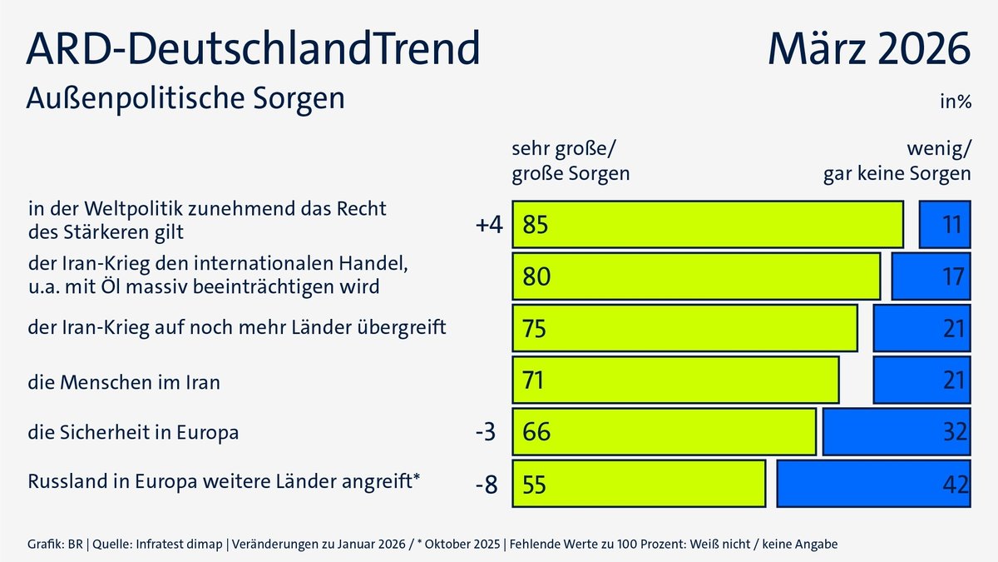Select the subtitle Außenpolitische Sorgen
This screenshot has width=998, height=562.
point(185,98)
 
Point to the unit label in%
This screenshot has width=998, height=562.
point(956,102)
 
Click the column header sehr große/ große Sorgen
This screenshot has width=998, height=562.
point(570,162)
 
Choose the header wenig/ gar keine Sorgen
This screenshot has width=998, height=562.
point(897,162)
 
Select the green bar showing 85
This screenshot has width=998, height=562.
point(708,225)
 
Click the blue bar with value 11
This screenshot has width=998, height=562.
point(945,225)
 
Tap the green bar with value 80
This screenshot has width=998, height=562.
point(696,276)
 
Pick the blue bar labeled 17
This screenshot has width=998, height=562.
point(931,276)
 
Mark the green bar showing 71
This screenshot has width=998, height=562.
point(675,380)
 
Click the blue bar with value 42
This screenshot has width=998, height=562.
point(873,483)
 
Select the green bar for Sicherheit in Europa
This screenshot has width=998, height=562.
point(664,431)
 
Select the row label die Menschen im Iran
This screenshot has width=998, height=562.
point(124,382)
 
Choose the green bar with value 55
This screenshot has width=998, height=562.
point(639,483)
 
